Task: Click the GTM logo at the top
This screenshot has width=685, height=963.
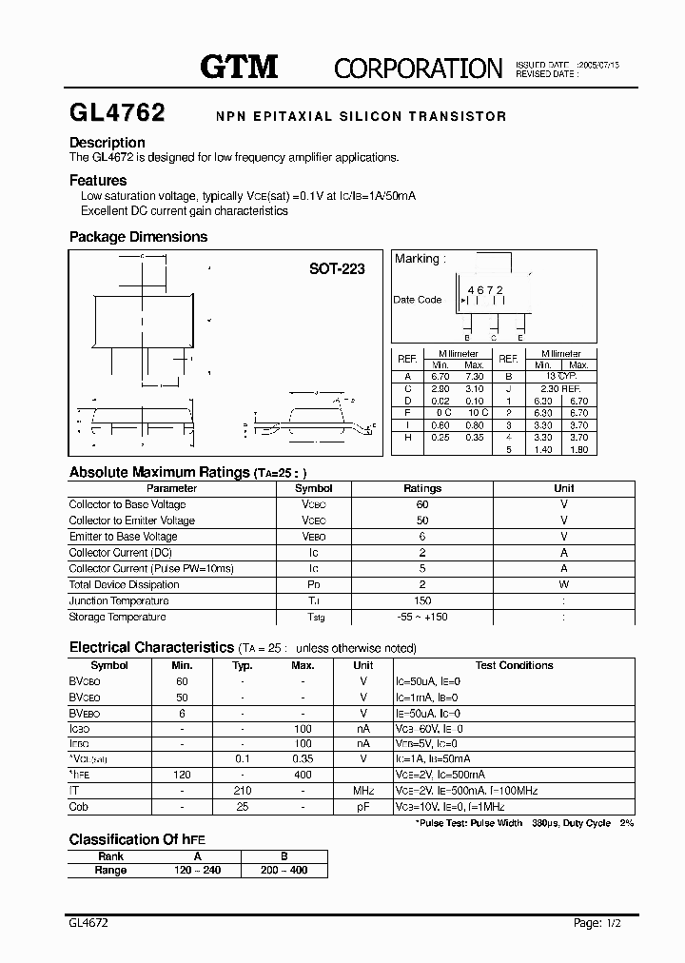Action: (x=238, y=66)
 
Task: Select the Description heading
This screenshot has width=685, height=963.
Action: (x=107, y=143)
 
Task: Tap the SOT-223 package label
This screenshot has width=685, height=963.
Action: (x=337, y=269)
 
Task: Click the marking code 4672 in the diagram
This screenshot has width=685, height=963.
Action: (x=484, y=289)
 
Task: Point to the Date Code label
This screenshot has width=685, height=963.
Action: (x=418, y=300)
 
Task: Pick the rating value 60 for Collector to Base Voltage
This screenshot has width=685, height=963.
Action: (x=422, y=504)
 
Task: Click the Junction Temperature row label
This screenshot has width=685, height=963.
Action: (x=119, y=600)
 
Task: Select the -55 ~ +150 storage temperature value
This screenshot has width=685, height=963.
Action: (x=422, y=617)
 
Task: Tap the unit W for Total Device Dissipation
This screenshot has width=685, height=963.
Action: (x=563, y=584)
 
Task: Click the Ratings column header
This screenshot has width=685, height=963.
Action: (x=422, y=488)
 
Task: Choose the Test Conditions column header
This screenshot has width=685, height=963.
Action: (x=514, y=665)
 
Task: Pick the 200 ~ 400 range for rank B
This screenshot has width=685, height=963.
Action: (x=284, y=870)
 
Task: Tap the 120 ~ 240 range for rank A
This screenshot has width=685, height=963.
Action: (x=198, y=870)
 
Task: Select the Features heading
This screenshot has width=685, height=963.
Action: (x=98, y=180)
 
